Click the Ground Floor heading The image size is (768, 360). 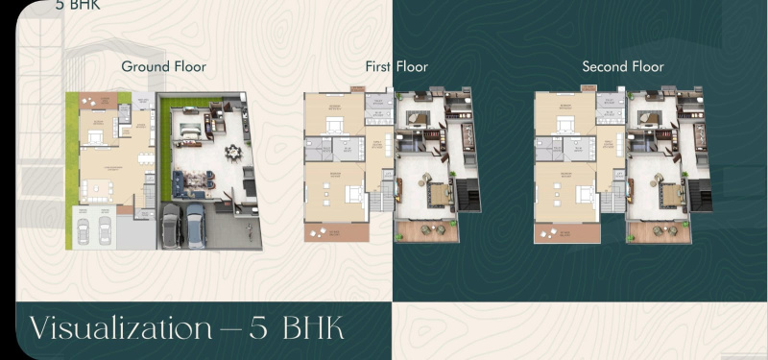163,66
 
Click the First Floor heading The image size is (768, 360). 396,66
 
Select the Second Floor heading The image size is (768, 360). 623,66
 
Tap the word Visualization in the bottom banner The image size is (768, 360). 120,328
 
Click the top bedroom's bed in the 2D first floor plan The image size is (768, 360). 334,123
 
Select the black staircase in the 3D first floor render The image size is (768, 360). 469,193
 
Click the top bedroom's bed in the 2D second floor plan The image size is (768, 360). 564,123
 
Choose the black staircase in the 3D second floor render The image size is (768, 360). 701,193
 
